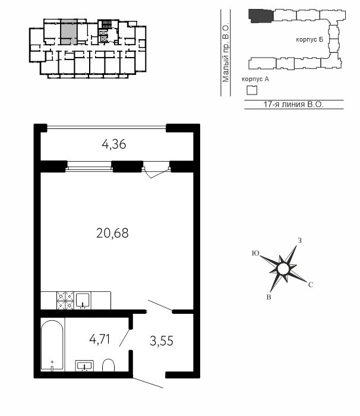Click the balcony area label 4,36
point(114,144)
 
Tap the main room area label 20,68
point(112,234)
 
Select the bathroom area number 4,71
point(100,339)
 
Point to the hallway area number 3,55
point(162,341)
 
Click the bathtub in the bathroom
point(52,346)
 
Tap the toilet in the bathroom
point(108,365)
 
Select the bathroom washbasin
point(84,366)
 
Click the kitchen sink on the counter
point(83,300)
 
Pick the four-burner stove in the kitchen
point(65,300)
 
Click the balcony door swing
point(156,172)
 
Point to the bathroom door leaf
point(124,338)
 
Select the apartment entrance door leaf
point(148,383)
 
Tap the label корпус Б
point(310,40)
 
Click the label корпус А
point(255,79)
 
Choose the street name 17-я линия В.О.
point(293,104)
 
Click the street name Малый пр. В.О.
point(226,53)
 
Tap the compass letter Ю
point(255,253)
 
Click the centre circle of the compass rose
point(283,269)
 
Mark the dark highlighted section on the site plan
point(261,16)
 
